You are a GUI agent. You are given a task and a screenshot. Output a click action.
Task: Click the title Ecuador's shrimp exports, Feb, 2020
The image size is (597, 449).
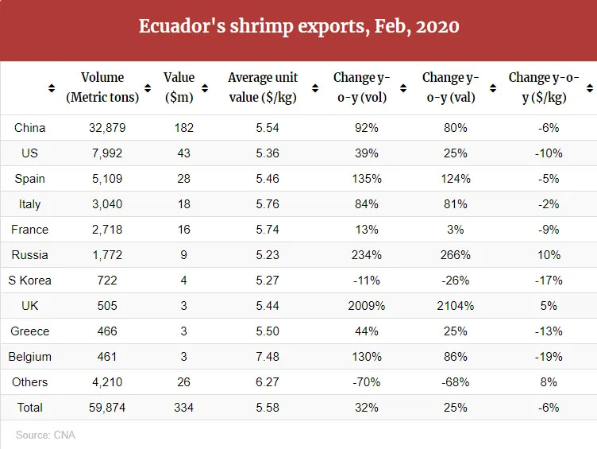tap(298, 26)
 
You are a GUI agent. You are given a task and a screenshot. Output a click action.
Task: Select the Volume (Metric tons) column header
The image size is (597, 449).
tap(102, 87)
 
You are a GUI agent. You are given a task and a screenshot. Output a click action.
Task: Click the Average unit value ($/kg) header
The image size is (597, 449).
tap(262, 87)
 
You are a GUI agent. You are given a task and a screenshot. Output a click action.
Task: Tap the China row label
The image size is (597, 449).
tap(30, 128)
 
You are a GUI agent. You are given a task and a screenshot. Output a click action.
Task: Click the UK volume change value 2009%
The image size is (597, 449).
tap(367, 306)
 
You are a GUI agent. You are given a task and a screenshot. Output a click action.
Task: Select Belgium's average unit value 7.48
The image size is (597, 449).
tap(262, 357)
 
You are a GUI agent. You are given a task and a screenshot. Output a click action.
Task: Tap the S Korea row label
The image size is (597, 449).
tap(30, 281)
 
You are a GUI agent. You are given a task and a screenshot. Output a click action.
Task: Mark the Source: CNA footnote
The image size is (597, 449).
tap(45, 435)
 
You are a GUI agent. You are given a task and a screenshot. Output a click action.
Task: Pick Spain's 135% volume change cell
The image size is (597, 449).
tap(367, 179)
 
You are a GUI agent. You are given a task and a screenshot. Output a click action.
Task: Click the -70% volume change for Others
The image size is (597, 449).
tap(367, 382)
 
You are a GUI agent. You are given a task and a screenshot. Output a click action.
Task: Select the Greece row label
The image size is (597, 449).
tap(30, 331)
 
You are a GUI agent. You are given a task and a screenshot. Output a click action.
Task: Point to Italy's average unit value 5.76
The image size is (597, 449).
tap(262, 204)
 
